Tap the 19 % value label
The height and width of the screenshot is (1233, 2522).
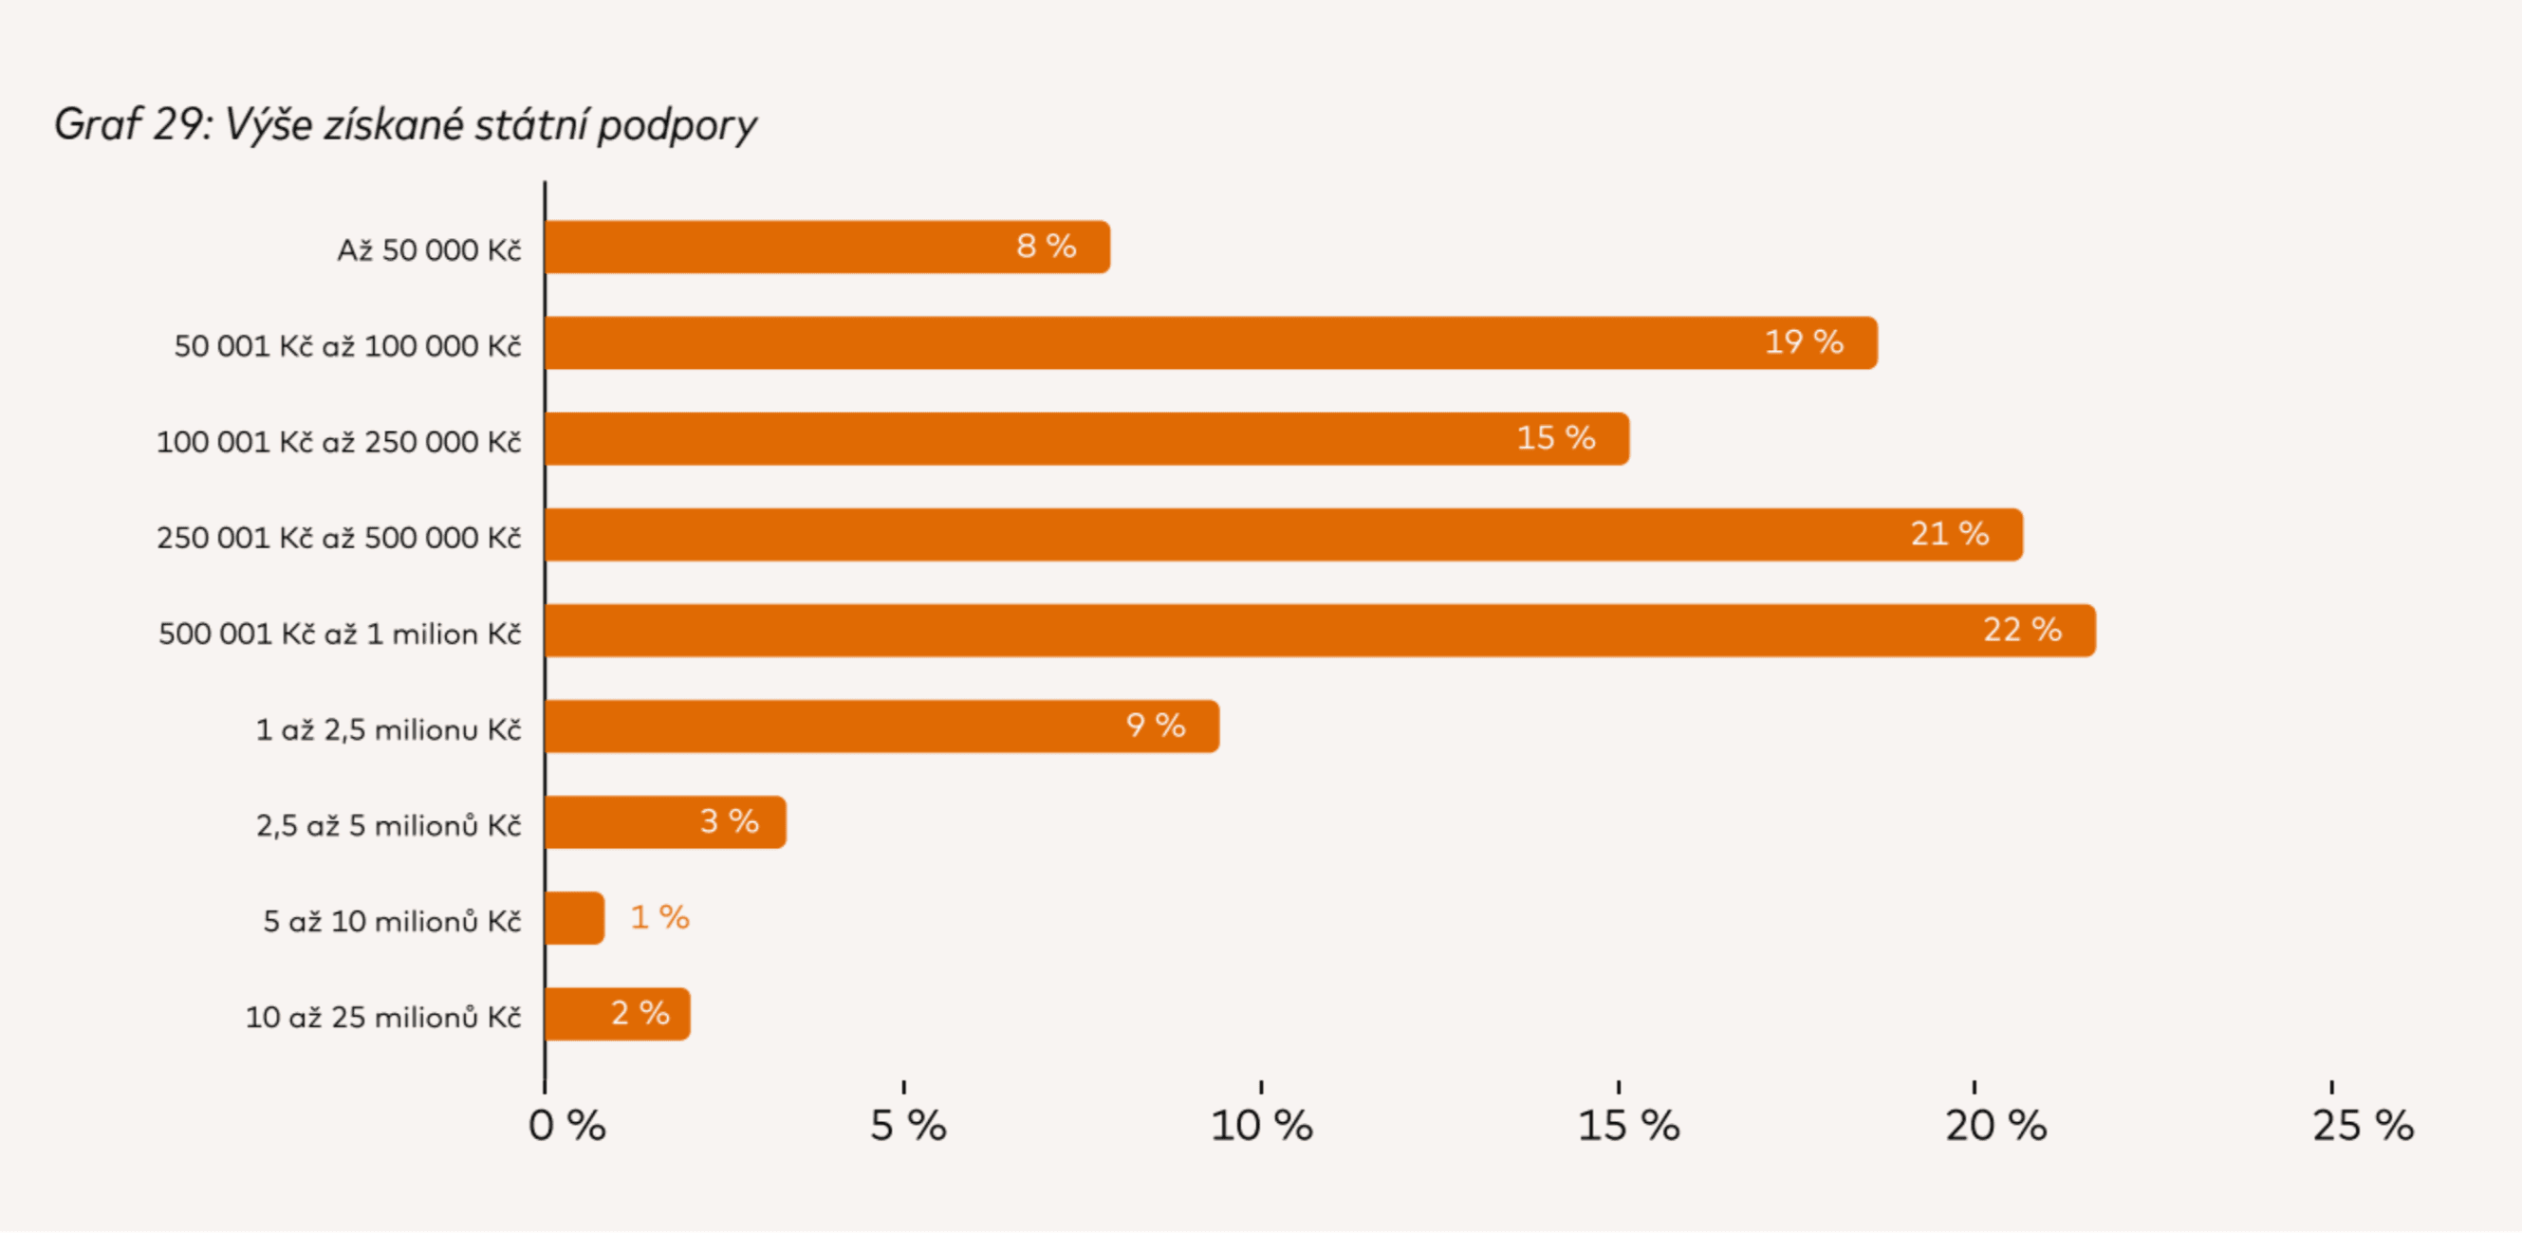[1804, 342]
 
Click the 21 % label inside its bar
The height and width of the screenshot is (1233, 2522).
[1949, 534]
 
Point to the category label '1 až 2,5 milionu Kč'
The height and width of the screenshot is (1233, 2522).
[388, 730]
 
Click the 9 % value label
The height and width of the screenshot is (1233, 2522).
[1156, 727]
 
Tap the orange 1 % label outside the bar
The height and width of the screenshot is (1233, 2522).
[659, 918]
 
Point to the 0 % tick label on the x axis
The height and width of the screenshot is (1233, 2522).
[566, 1127]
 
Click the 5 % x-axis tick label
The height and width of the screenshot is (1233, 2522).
[909, 1127]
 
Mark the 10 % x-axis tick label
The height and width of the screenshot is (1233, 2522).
[1261, 1127]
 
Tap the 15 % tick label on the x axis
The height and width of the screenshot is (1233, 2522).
[1628, 1127]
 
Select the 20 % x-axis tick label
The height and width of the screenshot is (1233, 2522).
[1995, 1127]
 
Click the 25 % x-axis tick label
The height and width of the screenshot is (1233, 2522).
[2363, 1127]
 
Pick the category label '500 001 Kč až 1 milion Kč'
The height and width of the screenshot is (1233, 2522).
[340, 635]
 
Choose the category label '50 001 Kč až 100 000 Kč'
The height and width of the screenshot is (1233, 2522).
[347, 346]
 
